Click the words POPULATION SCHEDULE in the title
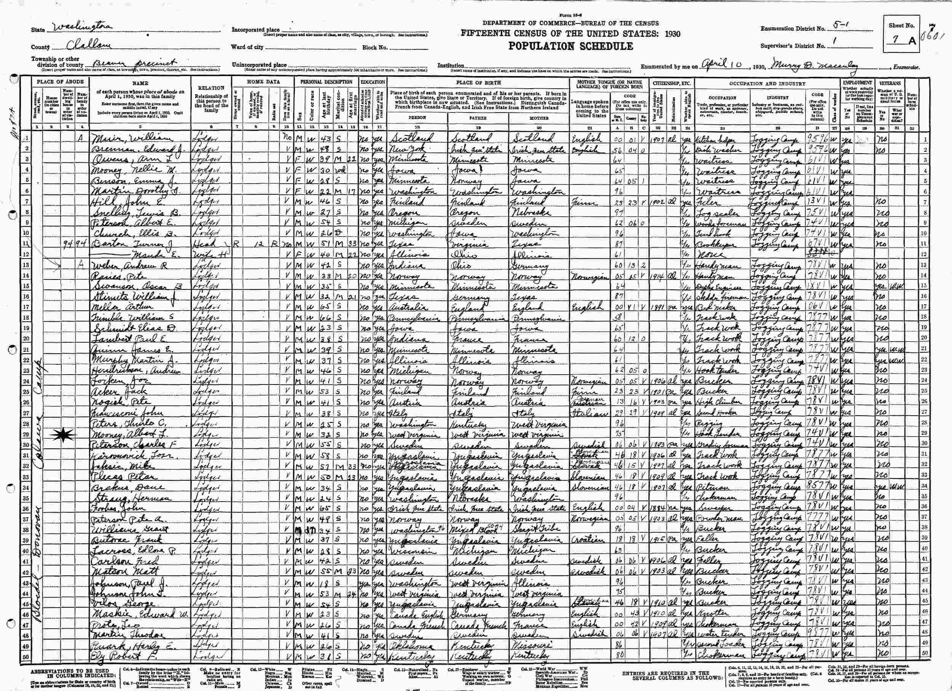pos(571,46)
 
